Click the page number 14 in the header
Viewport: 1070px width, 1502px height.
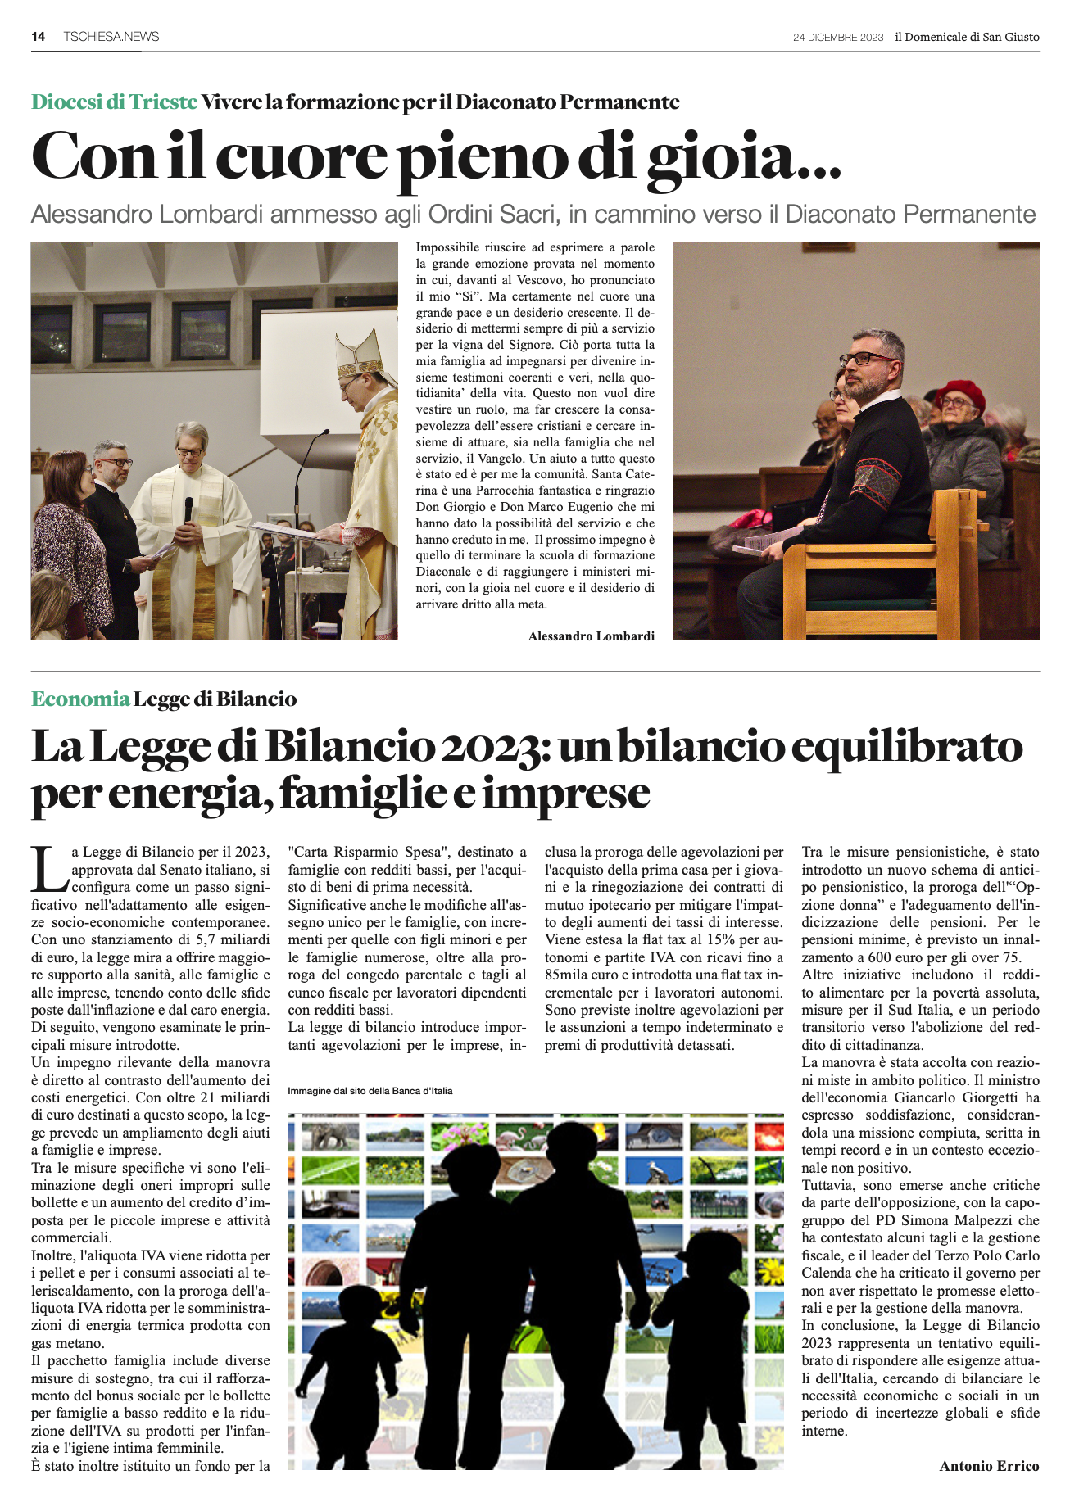[38, 36]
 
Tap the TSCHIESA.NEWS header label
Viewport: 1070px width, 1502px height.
[111, 36]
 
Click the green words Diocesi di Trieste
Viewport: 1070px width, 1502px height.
[114, 102]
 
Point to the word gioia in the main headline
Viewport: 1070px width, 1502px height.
[719, 156]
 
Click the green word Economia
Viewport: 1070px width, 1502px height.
[80, 699]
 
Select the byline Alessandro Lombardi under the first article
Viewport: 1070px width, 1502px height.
[591, 636]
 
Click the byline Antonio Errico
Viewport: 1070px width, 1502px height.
[989, 1466]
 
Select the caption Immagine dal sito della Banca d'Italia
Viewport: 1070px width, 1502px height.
[370, 1091]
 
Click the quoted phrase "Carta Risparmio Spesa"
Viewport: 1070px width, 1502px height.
[366, 852]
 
